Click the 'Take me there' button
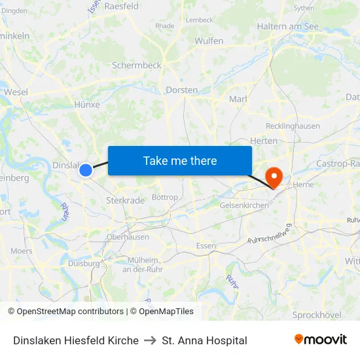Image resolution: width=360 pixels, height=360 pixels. [x=179, y=160]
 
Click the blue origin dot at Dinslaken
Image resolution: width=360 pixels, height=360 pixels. [x=86, y=170]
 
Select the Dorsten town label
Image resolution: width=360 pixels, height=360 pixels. [x=182, y=90]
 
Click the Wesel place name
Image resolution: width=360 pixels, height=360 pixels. [x=16, y=92]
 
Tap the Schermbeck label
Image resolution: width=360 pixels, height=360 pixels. [x=136, y=65]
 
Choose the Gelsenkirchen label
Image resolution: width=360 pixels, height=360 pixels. [x=244, y=206]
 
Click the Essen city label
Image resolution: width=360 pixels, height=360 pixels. [x=206, y=246]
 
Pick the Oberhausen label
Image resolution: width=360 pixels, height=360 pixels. [x=128, y=237]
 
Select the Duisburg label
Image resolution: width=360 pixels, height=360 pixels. [x=84, y=264]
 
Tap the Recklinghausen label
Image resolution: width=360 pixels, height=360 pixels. [x=293, y=126]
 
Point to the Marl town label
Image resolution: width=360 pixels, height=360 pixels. [x=237, y=99]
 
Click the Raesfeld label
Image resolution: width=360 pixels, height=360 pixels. [x=121, y=6]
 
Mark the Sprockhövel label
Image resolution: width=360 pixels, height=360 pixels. [x=317, y=315]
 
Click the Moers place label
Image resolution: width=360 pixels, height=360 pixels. [x=22, y=251]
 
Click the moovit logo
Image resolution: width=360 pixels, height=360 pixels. [x=320, y=339]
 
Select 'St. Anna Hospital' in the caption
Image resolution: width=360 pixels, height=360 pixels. [x=204, y=340]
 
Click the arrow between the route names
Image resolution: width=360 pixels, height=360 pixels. [x=150, y=340]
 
